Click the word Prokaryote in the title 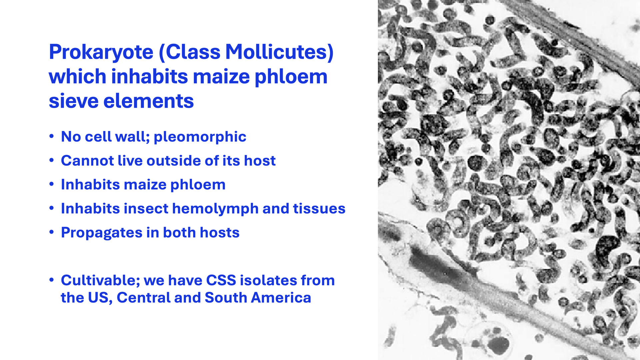click(x=101, y=53)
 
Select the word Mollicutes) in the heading click(x=279, y=52)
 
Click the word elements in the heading click(x=148, y=101)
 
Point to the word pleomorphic click(x=200, y=137)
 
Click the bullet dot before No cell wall click(x=51, y=137)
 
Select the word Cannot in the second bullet click(x=87, y=161)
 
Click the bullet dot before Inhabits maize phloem click(x=51, y=185)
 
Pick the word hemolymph click(x=215, y=209)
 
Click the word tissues click(x=319, y=209)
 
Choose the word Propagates click(x=102, y=233)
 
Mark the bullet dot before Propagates click(x=51, y=233)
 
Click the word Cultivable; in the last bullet click(x=100, y=281)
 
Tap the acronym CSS click(x=221, y=281)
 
